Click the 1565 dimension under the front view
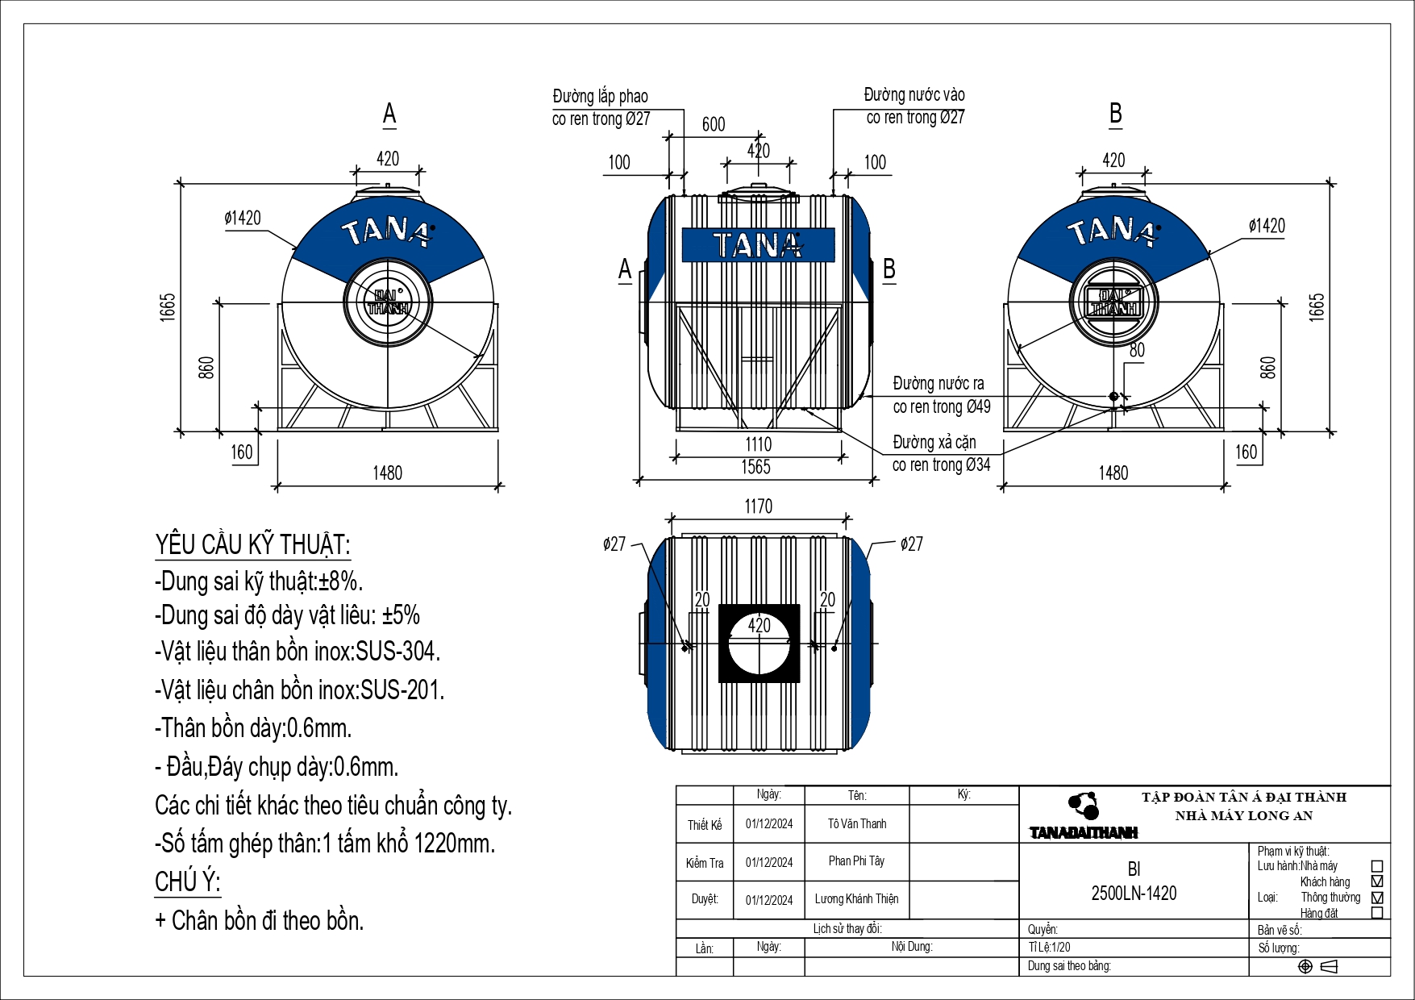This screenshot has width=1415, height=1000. (755, 467)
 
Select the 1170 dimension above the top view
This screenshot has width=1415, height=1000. (758, 506)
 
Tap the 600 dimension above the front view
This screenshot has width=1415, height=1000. (714, 124)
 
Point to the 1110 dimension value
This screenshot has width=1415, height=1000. (758, 444)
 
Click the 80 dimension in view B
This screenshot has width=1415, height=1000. (1137, 350)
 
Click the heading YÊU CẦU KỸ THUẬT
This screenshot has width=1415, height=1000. (252, 545)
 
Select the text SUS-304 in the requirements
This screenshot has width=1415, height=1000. (397, 652)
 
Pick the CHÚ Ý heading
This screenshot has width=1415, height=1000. (187, 881)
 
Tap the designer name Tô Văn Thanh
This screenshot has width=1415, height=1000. (856, 823)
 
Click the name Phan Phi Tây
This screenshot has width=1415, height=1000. (856, 861)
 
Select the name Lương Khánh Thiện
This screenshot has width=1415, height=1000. (856, 899)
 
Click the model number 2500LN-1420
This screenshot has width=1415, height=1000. (1134, 894)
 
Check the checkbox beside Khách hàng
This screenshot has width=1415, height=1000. (1377, 881)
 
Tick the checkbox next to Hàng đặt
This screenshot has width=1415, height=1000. (1377, 913)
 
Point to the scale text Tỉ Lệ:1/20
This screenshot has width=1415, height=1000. (1050, 948)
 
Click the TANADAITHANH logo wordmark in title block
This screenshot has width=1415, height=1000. (1084, 833)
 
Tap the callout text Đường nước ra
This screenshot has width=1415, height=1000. (938, 384)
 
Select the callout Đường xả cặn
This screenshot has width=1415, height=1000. (934, 443)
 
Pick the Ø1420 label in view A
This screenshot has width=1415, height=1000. (243, 219)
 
